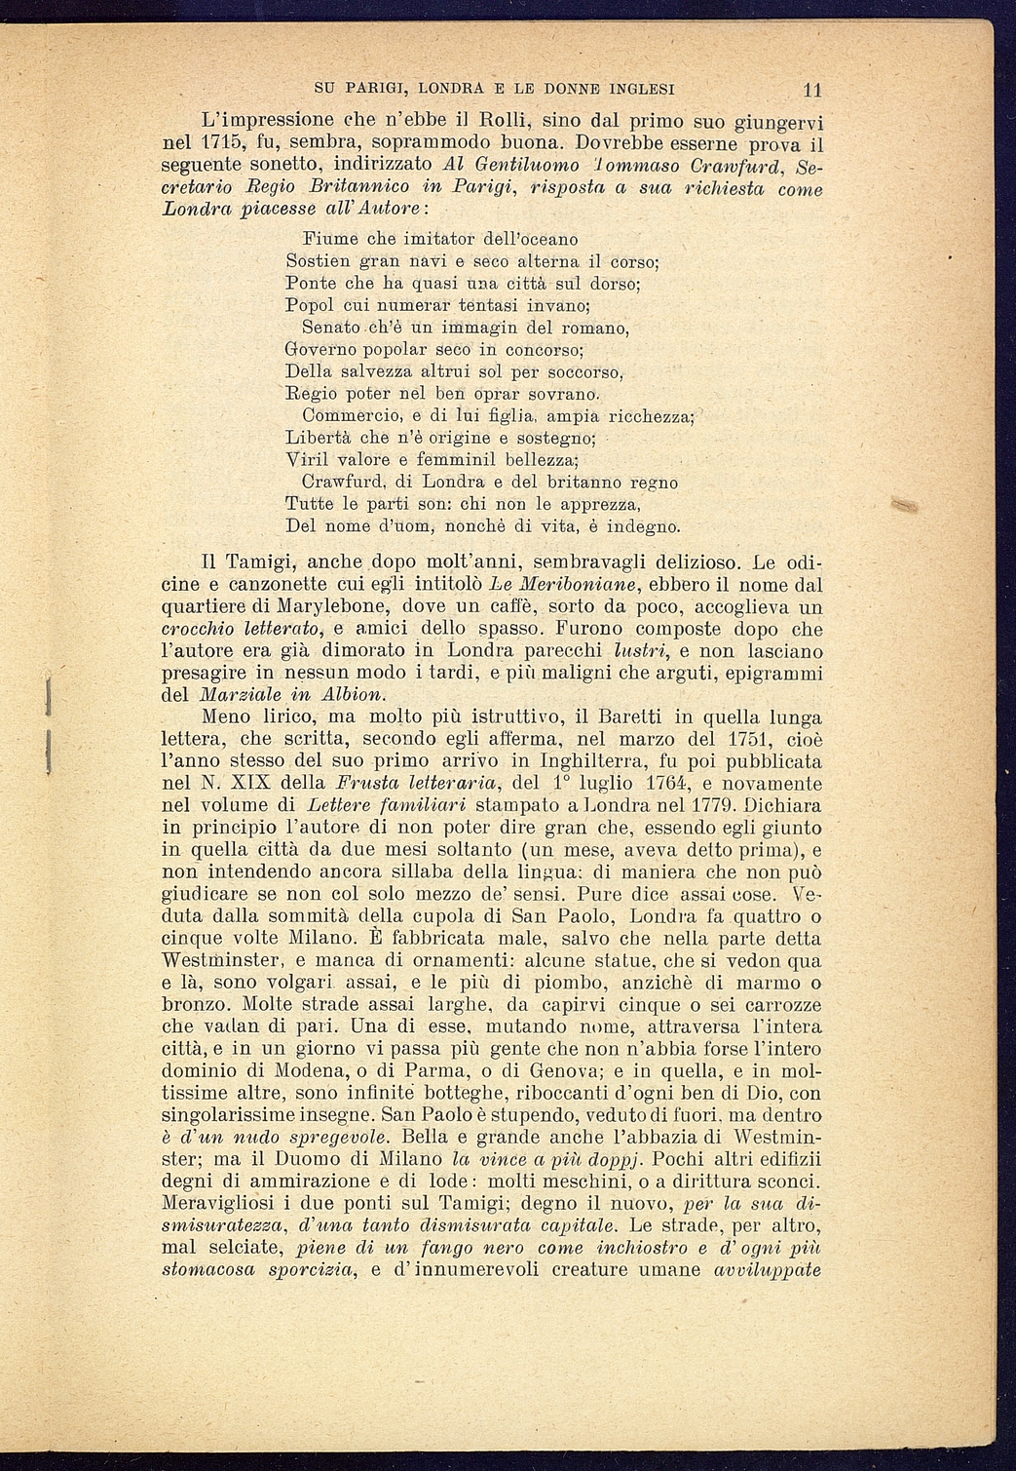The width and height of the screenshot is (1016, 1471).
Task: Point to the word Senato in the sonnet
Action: click(x=327, y=327)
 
